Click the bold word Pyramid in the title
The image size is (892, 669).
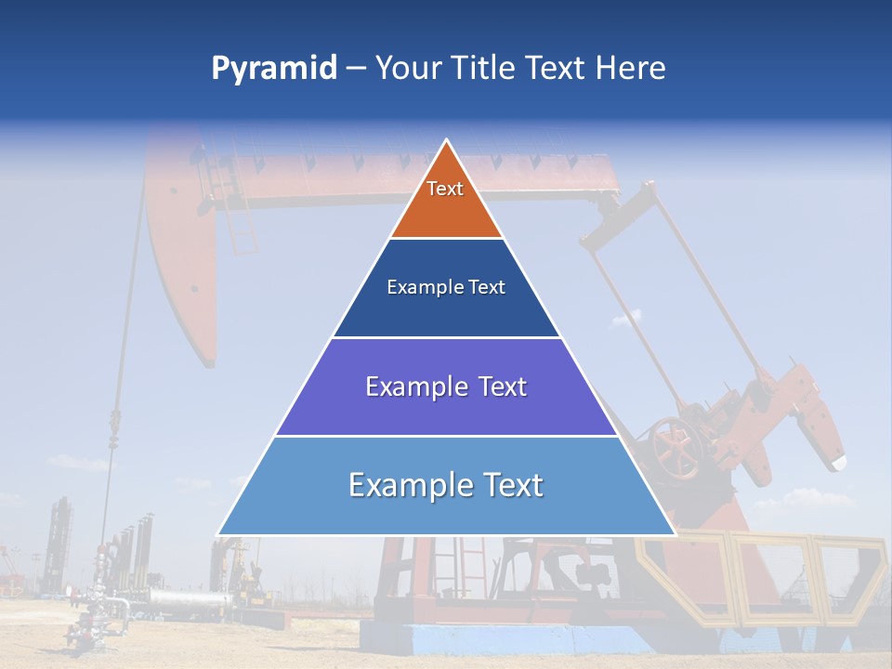[273, 69]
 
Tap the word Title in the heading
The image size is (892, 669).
[482, 69]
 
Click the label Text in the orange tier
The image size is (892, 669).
[445, 189]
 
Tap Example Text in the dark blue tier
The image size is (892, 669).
[446, 287]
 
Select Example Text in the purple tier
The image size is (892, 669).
[446, 387]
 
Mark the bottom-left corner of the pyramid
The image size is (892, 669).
[218, 534]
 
